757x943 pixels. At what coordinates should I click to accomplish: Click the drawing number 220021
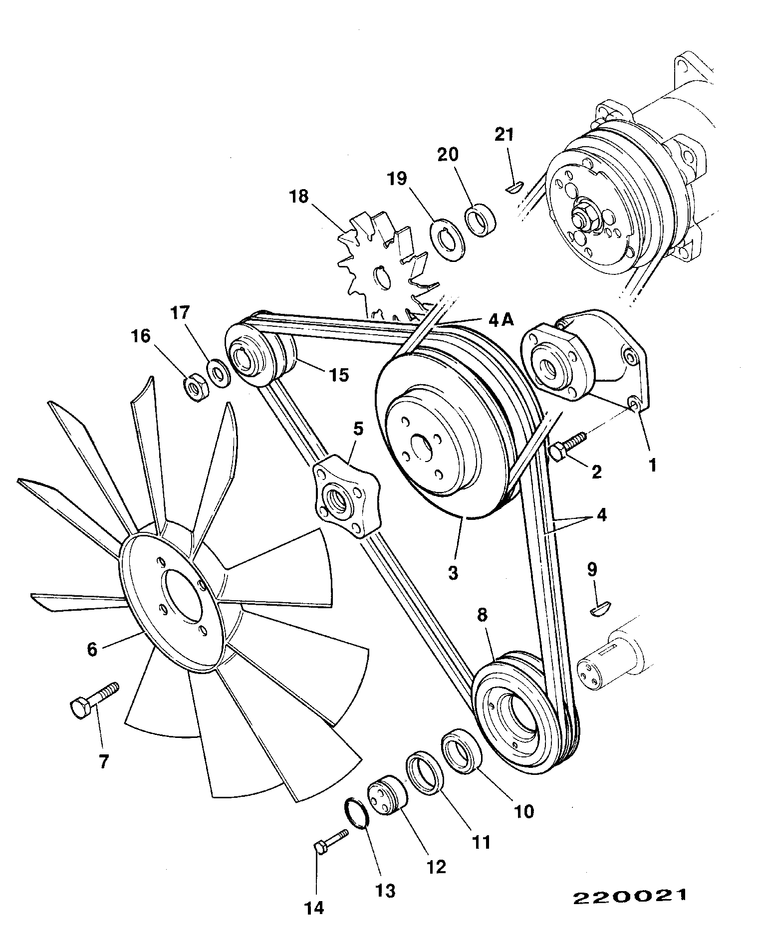tap(629, 896)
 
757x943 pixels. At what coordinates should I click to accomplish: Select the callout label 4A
tap(501, 320)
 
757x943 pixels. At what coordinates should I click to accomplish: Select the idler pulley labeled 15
tap(260, 356)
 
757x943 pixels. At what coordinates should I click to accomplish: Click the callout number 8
tap(482, 615)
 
